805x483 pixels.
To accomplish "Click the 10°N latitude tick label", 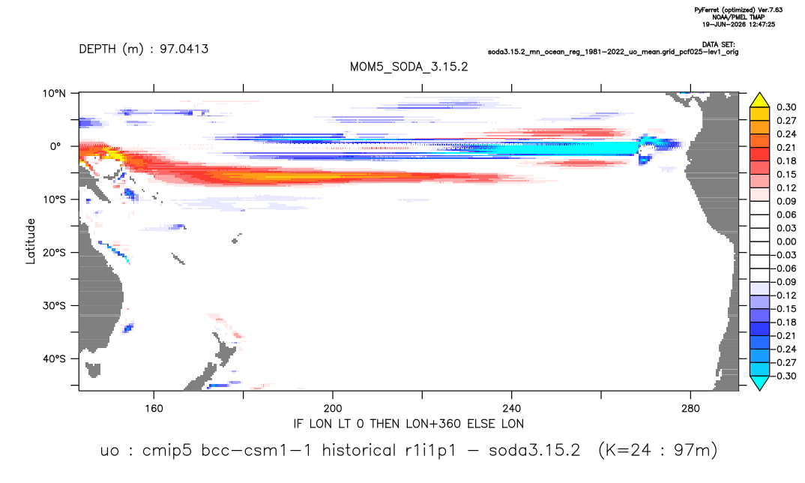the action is click(x=55, y=94).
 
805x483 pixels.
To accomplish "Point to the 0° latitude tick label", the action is click(x=55, y=146).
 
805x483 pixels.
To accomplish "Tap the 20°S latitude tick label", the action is click(x=54, y=252).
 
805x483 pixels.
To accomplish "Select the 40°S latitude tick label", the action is click(x=54, y=358).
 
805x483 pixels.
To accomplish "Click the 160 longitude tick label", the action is click(x=154, y=409).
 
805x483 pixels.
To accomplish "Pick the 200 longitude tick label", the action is click(x=333, y=409).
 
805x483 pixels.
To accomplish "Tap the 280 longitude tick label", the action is click(x=690, y=409).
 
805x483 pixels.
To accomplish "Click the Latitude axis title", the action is click(x=31, y=241).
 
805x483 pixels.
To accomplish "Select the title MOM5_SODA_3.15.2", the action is click(x=408, y=67).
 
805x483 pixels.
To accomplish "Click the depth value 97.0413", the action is click(x=184, y=49).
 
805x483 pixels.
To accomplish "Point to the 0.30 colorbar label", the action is click(x=786, y=107).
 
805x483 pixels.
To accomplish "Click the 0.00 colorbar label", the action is click(x=786, y=241).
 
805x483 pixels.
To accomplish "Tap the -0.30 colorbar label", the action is click(x=785, y=376).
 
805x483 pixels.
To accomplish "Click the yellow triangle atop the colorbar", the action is click(x=759, y=100).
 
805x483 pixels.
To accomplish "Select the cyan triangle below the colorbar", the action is click(x=759, y=383).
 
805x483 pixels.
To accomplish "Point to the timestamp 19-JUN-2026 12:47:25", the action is click(x=739, y=24).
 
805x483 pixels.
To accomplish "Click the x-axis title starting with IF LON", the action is click(x=408, y=424).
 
